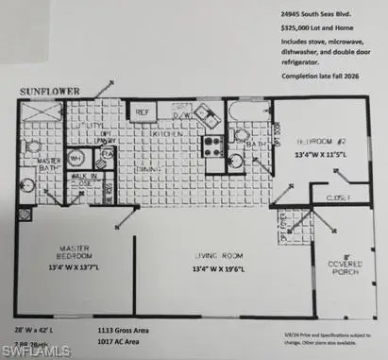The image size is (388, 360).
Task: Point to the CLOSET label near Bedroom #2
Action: point(337,197)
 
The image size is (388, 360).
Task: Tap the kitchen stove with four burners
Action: point(213,146)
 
